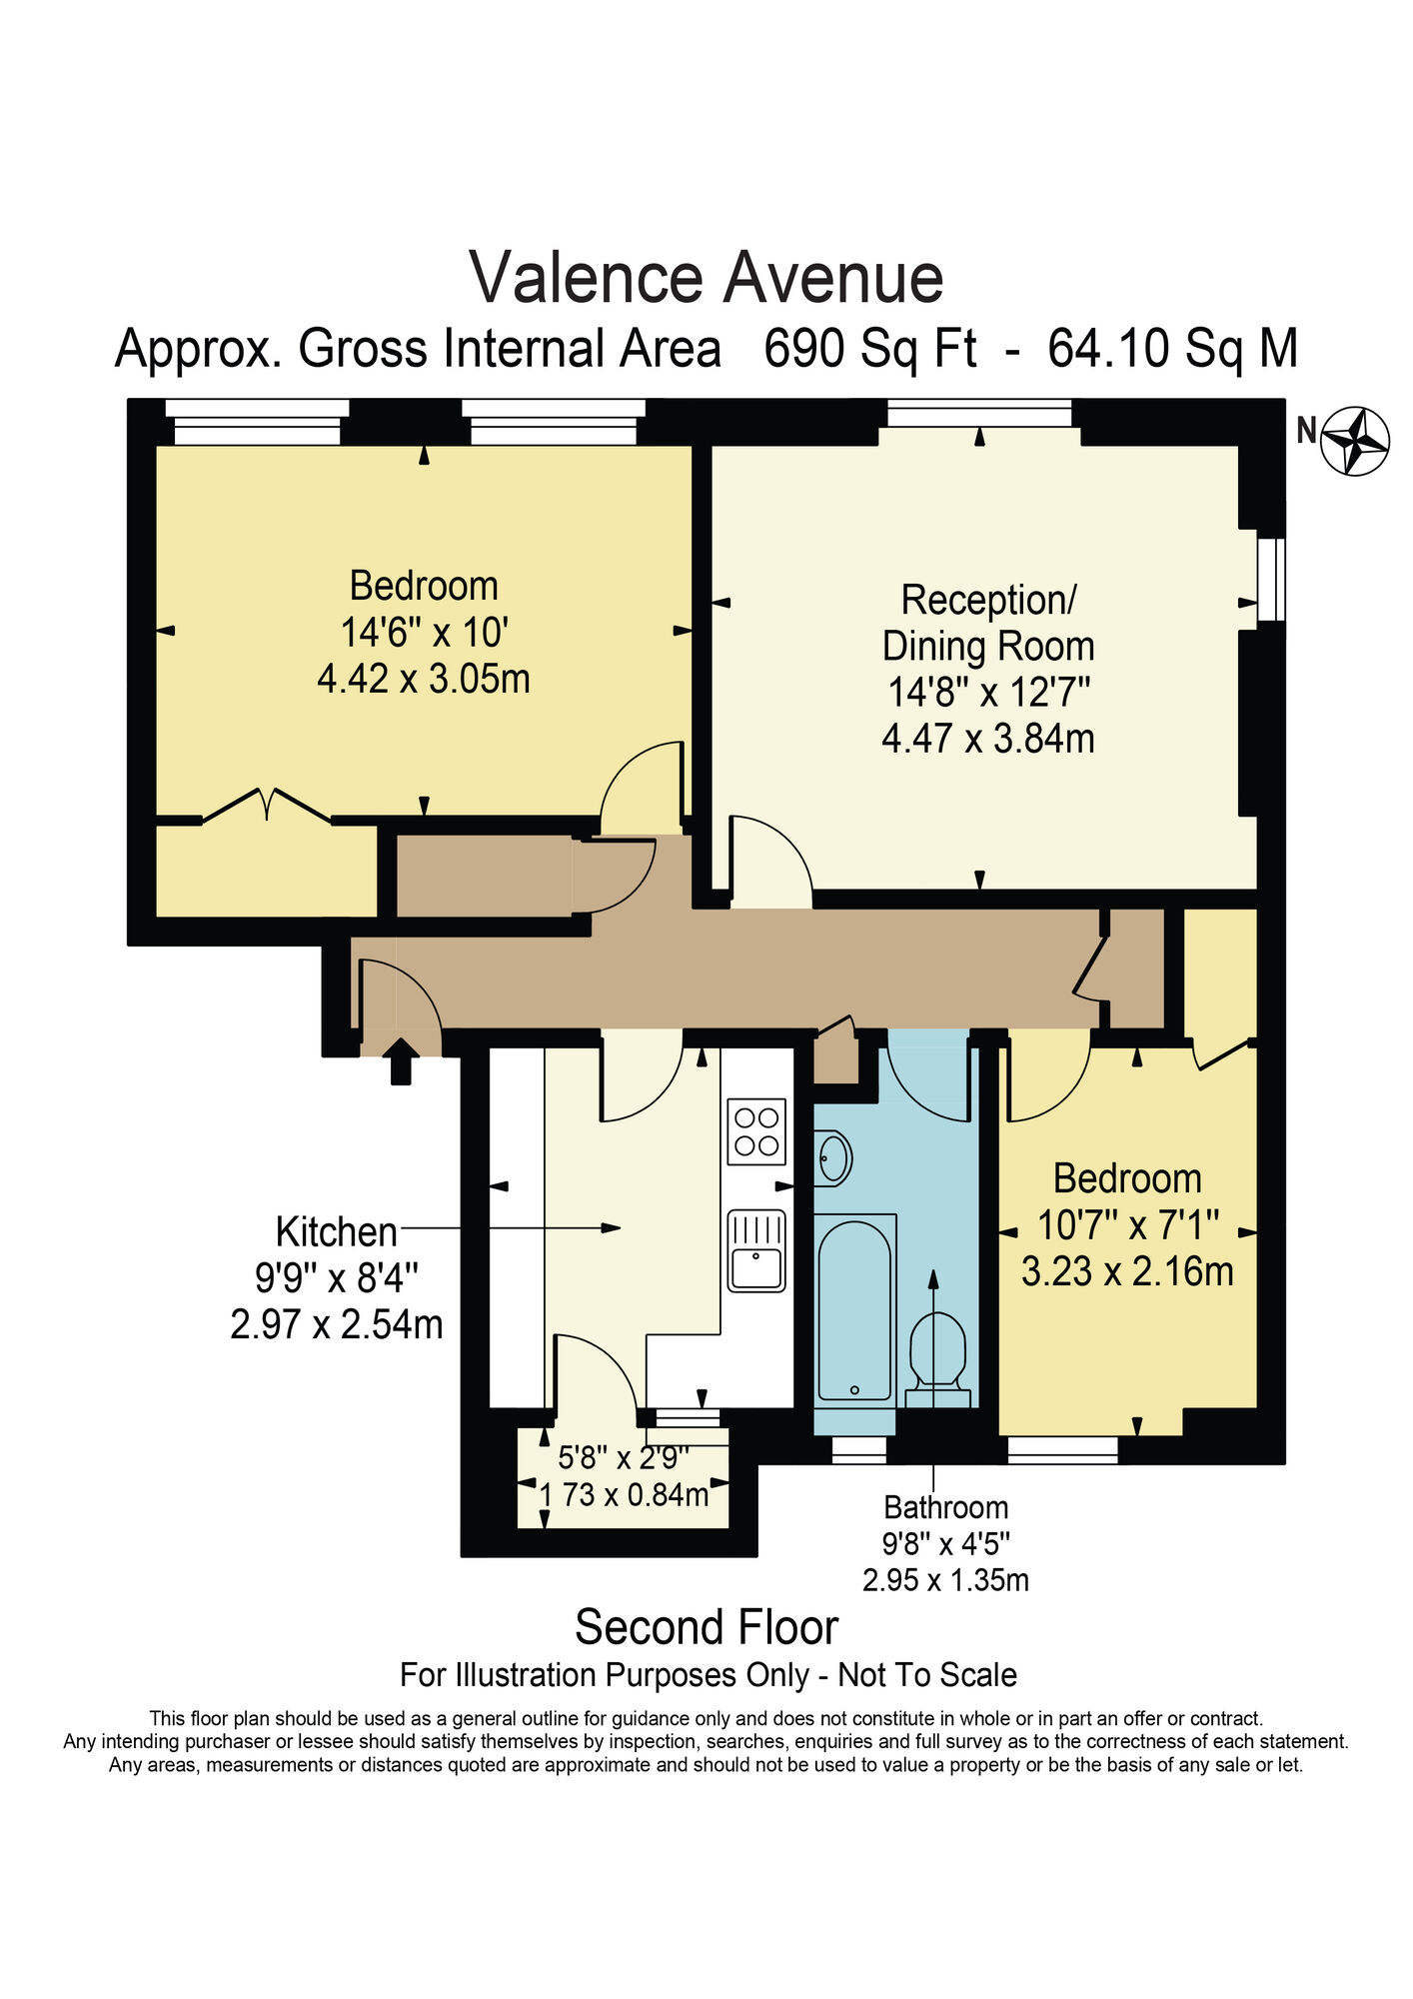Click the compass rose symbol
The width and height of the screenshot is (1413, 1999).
[1355, 440]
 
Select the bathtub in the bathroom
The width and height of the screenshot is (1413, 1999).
[854, 1309]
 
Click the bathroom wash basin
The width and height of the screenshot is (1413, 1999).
[832, 1158]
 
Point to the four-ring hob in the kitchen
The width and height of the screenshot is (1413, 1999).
[756, 1131]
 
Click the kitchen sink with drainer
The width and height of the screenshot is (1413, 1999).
[756, 1250]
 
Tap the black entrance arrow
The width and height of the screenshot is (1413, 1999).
[401, 1061]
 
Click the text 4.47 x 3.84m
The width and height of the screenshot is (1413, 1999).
[987, 739]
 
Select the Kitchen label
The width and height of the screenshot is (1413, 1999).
[336, 1232]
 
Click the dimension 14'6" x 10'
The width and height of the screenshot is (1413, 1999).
[424, 632]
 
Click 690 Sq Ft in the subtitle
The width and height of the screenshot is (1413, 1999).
[869, 349]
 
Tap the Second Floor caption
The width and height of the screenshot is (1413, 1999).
[706, 1627]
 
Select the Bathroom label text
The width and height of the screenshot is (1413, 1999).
[945, 1506]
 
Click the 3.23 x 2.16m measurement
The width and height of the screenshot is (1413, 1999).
[1126, 1271]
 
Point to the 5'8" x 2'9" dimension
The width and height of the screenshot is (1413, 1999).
[624, 1458]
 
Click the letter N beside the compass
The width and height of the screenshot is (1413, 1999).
[1306, 430]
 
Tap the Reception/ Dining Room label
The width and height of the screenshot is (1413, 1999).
[987, 623]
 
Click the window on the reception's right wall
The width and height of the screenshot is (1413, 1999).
[1270, 580]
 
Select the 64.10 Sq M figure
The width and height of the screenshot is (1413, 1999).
[1172, 349]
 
